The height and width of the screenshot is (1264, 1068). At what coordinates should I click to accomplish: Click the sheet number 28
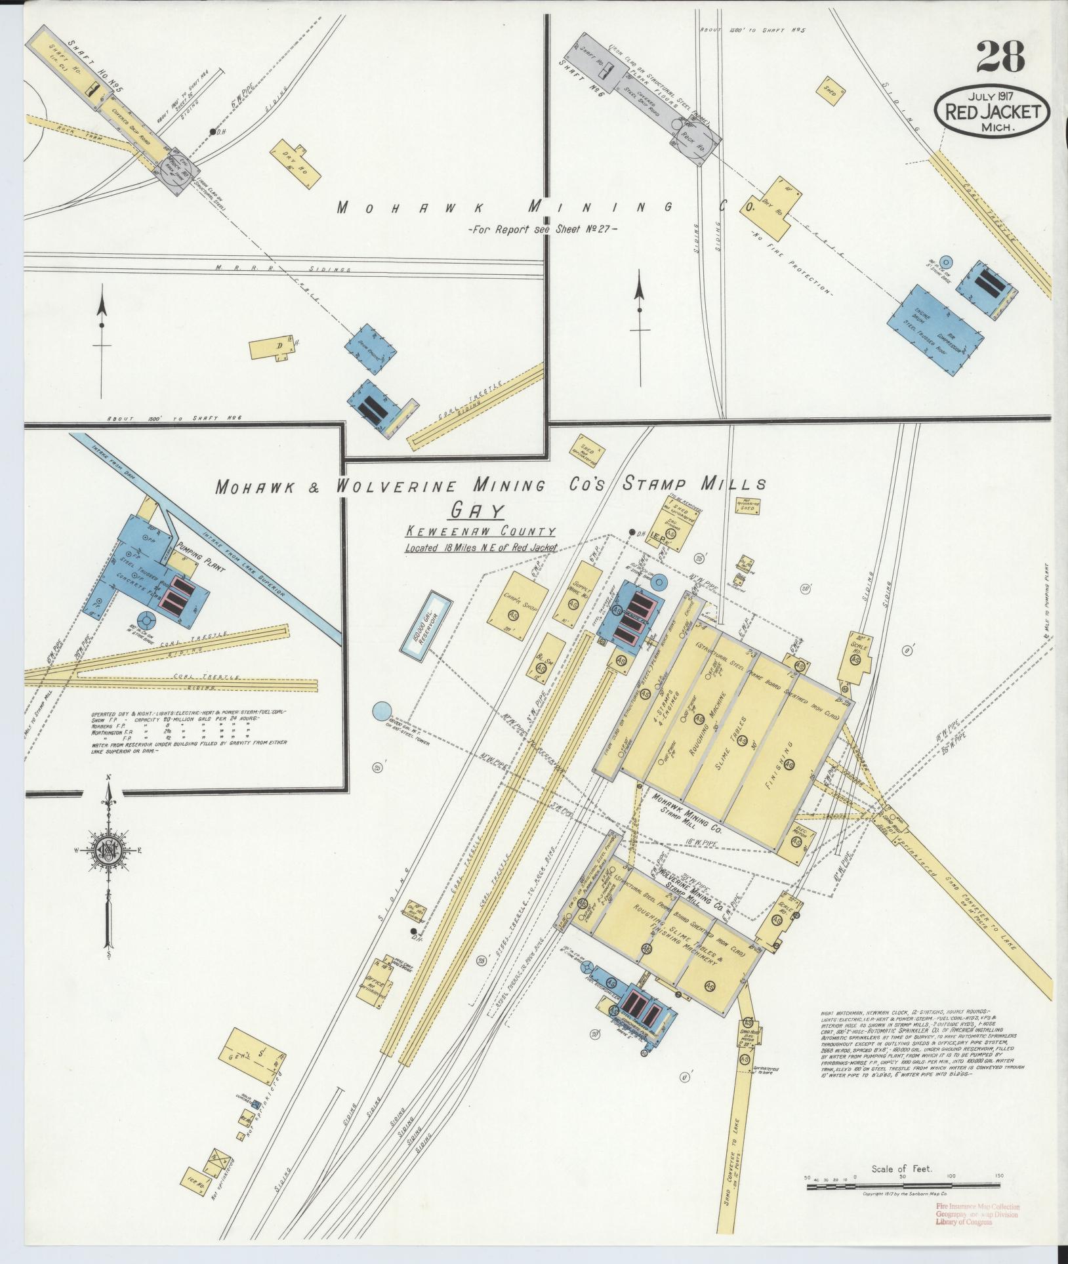(1000, 56)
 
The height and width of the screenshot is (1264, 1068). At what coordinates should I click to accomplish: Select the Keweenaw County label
(480, 532)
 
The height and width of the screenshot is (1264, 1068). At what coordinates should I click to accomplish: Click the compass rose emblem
(106, 850)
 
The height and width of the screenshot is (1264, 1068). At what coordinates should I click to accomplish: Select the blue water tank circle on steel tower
(381, 710)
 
